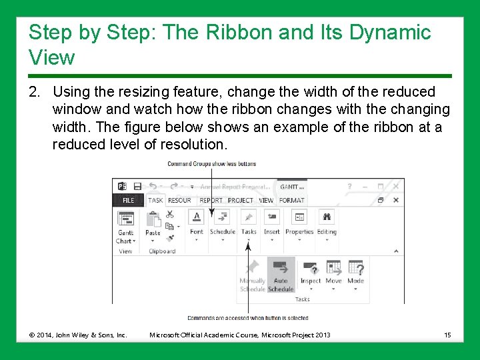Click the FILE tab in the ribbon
click(128, 200)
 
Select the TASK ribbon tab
click(155, 200)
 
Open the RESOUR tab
click(179, 200)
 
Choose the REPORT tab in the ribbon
click(211, 200)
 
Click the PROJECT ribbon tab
click(241, 200)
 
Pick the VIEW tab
click(266, 200)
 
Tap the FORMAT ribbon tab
click(291, 200)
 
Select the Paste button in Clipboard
click(153, 223)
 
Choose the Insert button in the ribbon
click(272, 223)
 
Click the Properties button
click(299, 223)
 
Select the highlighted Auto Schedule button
click(281, 275)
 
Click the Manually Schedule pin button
click(252, 275)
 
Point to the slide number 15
click(447, 334)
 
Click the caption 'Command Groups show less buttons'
click(211, 164)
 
